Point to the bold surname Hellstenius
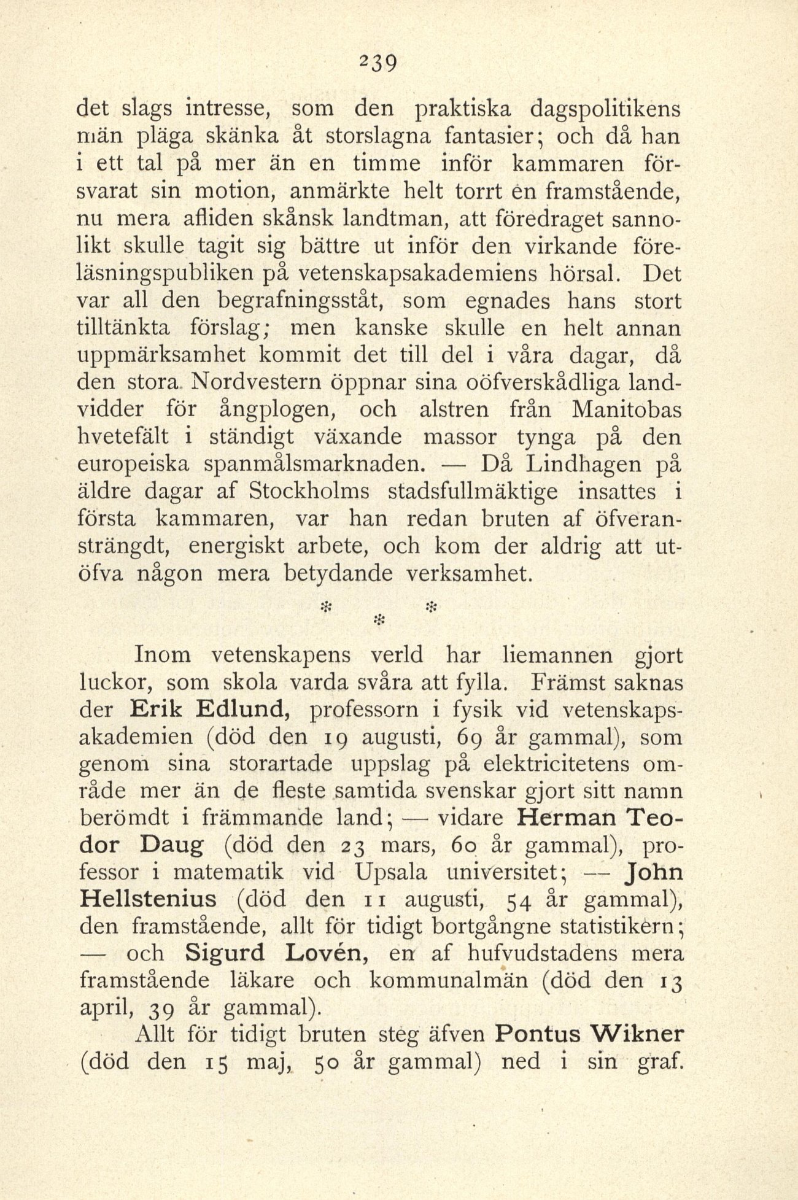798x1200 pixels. [x=149, y=899]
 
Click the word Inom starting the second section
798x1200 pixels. [x=162, y=655]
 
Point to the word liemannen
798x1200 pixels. [x=557, y=655]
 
